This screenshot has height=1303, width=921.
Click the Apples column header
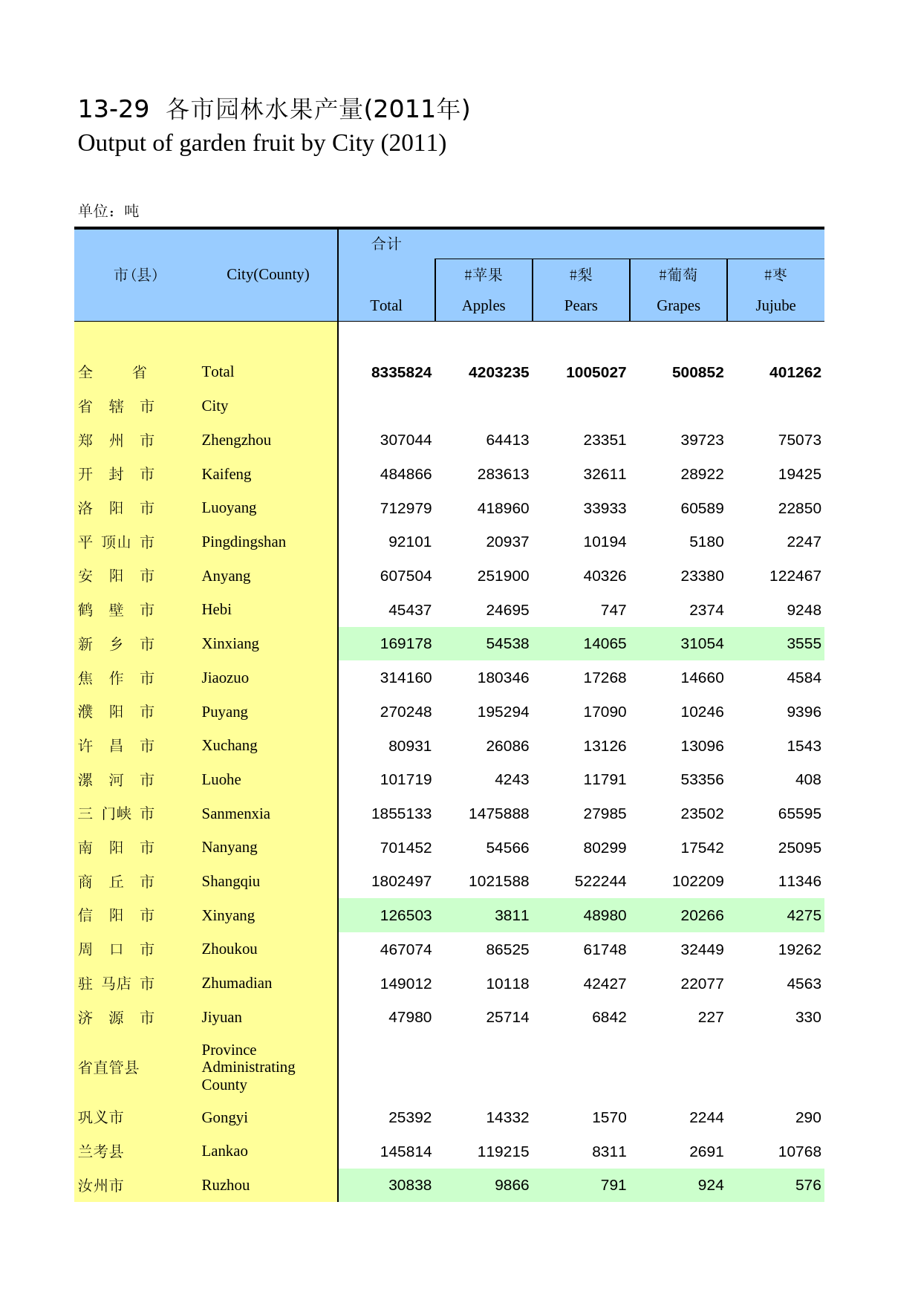click(484, 305)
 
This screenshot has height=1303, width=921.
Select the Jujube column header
click(775, 305)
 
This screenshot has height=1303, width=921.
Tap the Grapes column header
click(678, 305)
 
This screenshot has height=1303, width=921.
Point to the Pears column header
click(581, 305)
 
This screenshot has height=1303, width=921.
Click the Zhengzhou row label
click(236, 440)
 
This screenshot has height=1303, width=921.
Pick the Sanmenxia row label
click(235, 813)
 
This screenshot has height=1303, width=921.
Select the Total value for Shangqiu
click(401, 882)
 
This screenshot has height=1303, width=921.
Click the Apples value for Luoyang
click(498, 509)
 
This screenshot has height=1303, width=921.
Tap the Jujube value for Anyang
click(795, 576)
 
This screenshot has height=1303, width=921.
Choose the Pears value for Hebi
click(614, 611)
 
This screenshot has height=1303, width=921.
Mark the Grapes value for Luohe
click(702, 780)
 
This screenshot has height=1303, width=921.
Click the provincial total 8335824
click(401, 373)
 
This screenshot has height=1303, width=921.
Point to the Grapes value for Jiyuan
click(711, 1018)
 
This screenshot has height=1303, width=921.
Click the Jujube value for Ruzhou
click(808, 1186)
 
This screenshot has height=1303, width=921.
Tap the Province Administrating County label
click(248, 1068)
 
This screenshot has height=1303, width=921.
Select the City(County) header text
click(267, 274)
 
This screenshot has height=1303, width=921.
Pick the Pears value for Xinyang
click(605, 916)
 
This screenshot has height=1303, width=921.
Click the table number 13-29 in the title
click(114, 109)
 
